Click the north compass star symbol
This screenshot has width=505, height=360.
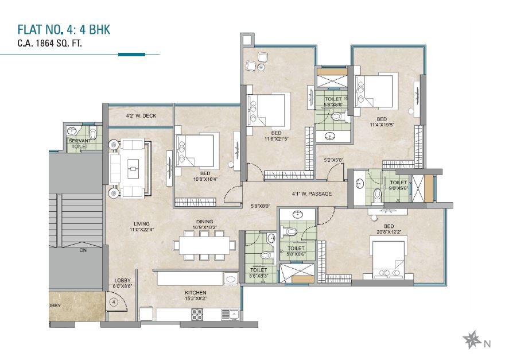point(471,339)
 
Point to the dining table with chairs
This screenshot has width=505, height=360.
point(204,245)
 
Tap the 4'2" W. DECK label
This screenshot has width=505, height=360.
point(141,116)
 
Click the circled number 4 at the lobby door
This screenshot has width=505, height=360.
point(114,301)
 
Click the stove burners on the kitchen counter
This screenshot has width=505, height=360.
point(197,313)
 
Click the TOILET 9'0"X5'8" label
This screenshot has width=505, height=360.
point(398,185)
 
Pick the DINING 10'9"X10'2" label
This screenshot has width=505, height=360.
point(204,224)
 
